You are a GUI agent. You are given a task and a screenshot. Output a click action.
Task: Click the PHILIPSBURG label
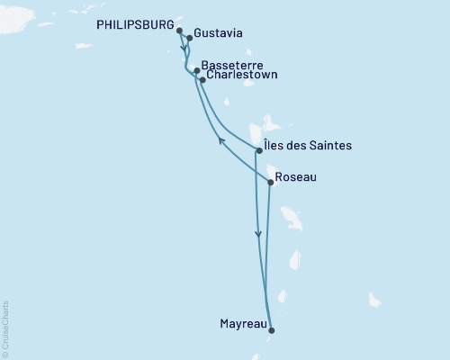(x=134, y=26)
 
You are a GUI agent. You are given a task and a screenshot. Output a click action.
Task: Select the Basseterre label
(x=234, y=66)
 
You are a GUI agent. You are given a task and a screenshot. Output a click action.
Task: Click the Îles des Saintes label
(x=309, y=146)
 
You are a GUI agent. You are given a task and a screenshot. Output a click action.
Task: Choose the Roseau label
(x=297, y=177)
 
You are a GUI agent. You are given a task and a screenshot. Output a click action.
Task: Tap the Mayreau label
(x=242, y=323)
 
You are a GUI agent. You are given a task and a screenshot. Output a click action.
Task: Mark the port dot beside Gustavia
(x=190, y=39)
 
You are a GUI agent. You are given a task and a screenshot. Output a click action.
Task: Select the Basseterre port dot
(x=197, y=70)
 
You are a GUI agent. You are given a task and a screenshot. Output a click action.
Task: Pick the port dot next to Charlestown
(x=202, y=80)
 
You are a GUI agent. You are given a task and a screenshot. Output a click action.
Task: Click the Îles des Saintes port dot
(x=259, y=150)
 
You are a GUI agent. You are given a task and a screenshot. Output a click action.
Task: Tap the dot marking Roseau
(x=271, y=182)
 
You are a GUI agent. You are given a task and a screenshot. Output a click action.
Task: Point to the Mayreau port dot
(x=271, y=329)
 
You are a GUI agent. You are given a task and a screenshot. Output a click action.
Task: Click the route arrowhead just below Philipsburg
(x=184, y=49)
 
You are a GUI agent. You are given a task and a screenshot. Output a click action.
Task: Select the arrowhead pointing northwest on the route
(x=221, y=139)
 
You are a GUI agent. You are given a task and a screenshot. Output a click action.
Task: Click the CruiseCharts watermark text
(x=4, y=329)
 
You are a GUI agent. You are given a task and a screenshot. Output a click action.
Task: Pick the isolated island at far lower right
(x=374, y=299)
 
